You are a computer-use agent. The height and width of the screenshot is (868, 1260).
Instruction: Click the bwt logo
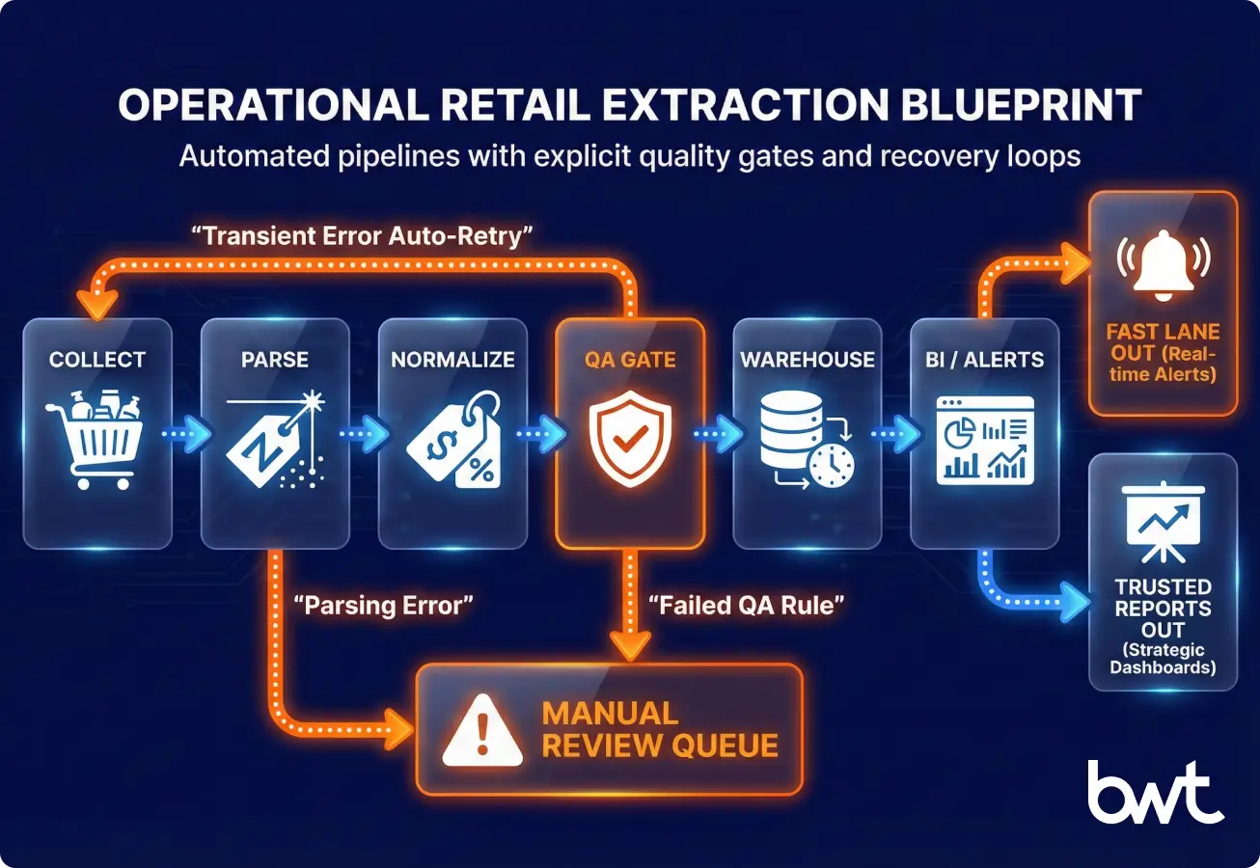click(x=1155, y=794)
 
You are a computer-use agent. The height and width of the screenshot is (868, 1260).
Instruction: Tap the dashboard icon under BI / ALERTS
click(x=984, y=440)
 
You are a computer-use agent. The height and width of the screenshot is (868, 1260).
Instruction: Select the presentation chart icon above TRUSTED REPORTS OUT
click(x=1163, y=522)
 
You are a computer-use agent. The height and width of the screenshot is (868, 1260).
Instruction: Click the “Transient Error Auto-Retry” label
click(x=368, y=236)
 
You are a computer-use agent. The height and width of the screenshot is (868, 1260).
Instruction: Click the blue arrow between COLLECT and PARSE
click(x=185, y=435)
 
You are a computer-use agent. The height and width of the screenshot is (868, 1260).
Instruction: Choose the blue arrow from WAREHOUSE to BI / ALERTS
click(x=895, y=435)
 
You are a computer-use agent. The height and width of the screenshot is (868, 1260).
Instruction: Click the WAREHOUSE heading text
click(x=808, y=360)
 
